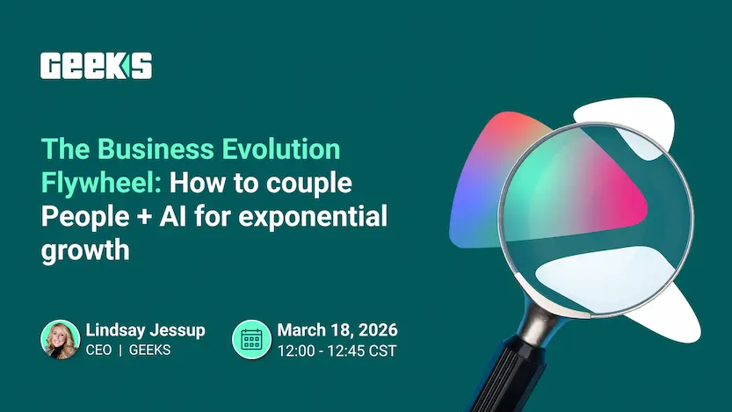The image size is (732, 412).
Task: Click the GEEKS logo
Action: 96,66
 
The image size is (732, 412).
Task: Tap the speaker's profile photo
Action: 61,340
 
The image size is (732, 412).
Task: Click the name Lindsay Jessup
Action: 145,330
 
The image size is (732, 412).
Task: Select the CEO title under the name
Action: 99,351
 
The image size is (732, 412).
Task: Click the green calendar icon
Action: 251,340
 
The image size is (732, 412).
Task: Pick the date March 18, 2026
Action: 337,330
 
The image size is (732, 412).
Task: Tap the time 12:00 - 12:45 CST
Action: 337,351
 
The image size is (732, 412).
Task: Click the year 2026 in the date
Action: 377,330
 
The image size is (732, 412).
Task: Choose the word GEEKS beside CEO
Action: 149,351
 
